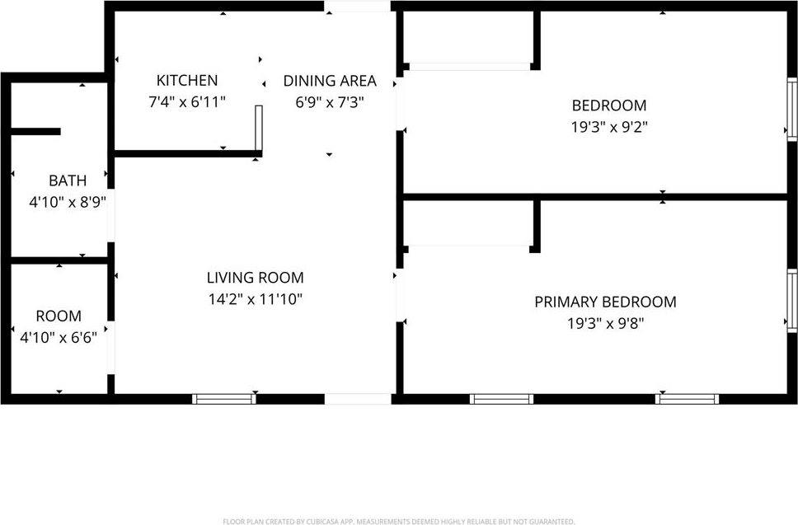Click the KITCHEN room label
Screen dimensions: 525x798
click(x=187, y=80)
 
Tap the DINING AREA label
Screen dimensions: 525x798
click(x=330, y=81)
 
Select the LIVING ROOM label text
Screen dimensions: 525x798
click(x=255, y=278)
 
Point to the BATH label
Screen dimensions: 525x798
click(x=66, y=180)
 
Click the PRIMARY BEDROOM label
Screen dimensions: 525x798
click(x=605, y=302)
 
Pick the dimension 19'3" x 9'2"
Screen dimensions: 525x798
click(x=609, y=127)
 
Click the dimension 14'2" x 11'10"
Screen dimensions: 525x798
click(x=255, y=299)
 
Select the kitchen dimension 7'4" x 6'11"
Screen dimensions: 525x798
click(x=187, y=101)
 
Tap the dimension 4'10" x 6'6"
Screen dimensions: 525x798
click(x=59, y=336)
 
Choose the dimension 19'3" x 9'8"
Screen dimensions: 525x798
click(x=605, y=323)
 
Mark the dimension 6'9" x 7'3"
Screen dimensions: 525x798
click(x=330, y=101)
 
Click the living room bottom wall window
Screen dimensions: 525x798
click(x=224, y=399)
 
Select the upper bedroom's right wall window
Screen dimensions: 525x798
click(x=792, y=108)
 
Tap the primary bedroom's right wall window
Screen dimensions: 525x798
click(x=792, y=300)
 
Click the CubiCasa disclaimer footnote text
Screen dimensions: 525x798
click(x=399, y=521)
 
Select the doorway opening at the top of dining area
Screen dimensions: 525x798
click(x=357, y=7)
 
